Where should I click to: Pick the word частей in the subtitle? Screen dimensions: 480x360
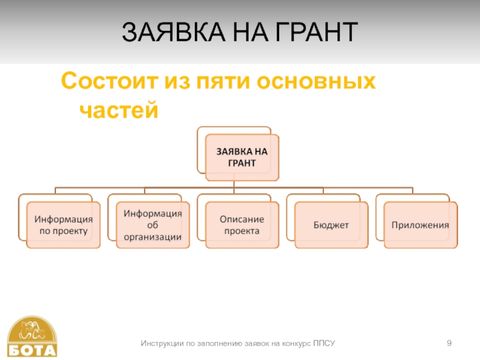coord(118,110)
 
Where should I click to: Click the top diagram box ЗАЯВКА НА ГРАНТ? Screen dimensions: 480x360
coord(242,157)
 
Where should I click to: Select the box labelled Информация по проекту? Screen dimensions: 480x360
coord(63,224)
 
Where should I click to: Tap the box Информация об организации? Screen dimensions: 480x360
coord(152,224)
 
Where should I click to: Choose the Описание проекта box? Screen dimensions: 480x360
coord(242,224)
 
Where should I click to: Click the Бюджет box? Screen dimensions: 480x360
coord(331,225)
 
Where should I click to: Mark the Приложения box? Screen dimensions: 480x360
coord(420,225)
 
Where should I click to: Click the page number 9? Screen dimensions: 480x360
coord(449,343)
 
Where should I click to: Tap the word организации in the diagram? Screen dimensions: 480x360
coord(152,236)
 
